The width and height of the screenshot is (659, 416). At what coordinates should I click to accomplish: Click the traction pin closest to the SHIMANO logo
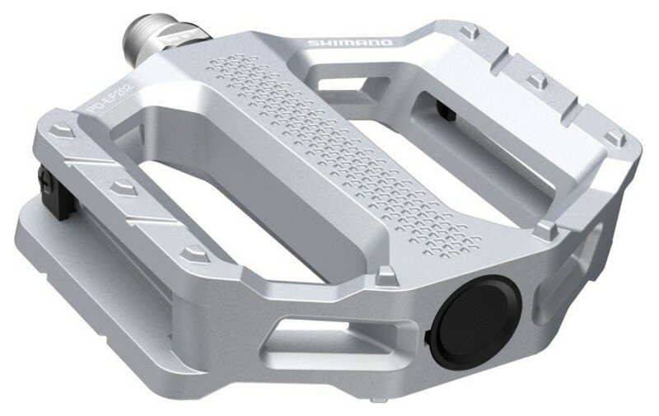(x=470, y=32)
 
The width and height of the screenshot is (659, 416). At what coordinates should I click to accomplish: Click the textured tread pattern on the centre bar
(x=346, y=157)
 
